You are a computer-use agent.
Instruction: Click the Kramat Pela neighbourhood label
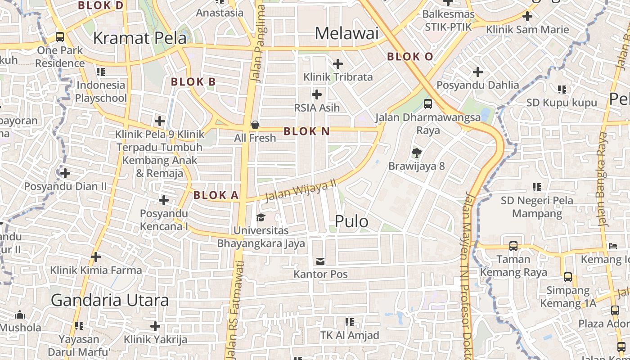click(x=139, y=38)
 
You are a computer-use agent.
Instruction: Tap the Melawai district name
click(x=346, y=33)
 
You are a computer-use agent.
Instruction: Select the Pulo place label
click(x=351, y=221)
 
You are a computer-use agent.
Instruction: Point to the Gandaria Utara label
click(x=110, y=300)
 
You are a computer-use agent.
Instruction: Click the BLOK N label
click(x=307, y=131)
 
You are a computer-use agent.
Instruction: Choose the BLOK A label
click(x=216, y=195)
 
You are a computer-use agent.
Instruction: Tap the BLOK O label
click(x=410, y=57)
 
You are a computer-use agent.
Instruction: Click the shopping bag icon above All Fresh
click(x=255, y=125)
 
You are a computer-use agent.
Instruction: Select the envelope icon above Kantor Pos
click(x=320, y=261)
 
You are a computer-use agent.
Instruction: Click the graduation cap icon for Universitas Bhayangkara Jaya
click(x=261, y=218)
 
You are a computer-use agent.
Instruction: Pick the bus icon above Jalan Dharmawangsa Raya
click(x=427, y=104)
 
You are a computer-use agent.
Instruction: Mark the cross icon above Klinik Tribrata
click(x=338, y=64)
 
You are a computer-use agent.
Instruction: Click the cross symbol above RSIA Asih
click(x=317, y=94)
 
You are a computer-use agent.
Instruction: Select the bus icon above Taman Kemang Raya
click(x=513, y=246)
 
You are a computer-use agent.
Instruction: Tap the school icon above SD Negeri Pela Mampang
click(x=536, y=187)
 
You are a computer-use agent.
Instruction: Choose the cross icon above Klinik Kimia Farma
click(x=95, y=257)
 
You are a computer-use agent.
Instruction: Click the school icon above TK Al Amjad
click(x=349, y=322)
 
